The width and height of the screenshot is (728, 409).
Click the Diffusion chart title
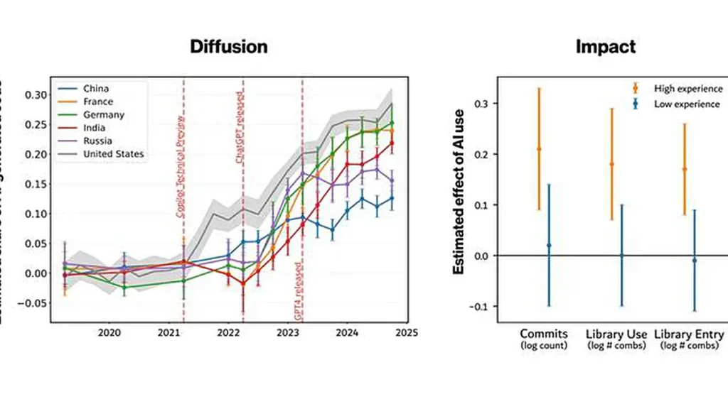(x=228, y=47)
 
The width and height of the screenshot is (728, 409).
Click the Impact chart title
(x=605, y=47)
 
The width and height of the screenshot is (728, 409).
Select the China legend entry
(x=96, y=89)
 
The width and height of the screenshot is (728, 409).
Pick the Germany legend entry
(x=103, y=114)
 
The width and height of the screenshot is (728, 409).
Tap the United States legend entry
(x=114, y=153)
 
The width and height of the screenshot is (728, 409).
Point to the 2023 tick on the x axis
(x=287, y=332)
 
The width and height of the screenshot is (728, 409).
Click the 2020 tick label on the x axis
(x=109, y=332)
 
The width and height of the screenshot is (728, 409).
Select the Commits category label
(x=544, y=334)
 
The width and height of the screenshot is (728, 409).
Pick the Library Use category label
(x=616, y=334)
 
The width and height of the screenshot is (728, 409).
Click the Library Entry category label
(x=688, y=334)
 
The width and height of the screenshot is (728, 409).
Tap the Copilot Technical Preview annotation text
(x=180, y=163)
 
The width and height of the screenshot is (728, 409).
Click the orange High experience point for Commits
(x=539, y=149)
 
